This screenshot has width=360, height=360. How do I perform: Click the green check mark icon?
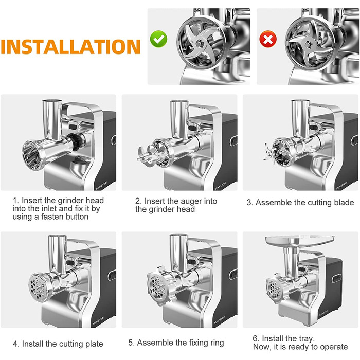[x=158, y=39]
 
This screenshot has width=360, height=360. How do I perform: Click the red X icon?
[x=268, y=39]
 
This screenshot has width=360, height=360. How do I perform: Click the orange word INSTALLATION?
[x=71, y=47]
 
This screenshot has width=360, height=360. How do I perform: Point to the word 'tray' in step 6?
[x=306, y=338]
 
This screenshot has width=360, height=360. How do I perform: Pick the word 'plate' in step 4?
[x=94, y=344]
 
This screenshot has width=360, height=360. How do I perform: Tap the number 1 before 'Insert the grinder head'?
[x=15, y=201]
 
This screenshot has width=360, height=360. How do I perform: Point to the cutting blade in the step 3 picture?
[x=269, y=153]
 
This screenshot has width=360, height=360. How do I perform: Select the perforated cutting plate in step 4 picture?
[x=37, y=286]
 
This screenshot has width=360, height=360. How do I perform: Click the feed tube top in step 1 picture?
[x=52, y=101]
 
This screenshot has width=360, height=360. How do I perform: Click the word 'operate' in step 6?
[x=334, y=347]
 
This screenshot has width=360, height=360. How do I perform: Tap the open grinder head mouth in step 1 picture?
[x=32, y=155]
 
